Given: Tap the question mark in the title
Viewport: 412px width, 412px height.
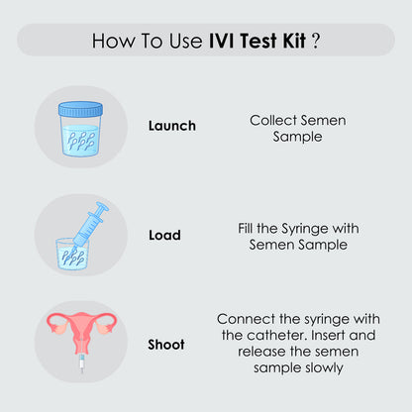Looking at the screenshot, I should pyautogui.click(x=315, y=42).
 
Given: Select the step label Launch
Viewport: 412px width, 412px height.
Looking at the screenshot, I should pyautogui.click(x=171, y=126).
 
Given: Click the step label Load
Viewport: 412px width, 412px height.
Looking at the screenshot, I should pyautogui.click(x=164, y=236).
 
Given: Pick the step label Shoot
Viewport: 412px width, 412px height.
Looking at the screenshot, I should pyautogui.click(x=166, y=345).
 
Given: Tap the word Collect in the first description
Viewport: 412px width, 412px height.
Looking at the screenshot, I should pyautogui.click(x=270, y=119).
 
